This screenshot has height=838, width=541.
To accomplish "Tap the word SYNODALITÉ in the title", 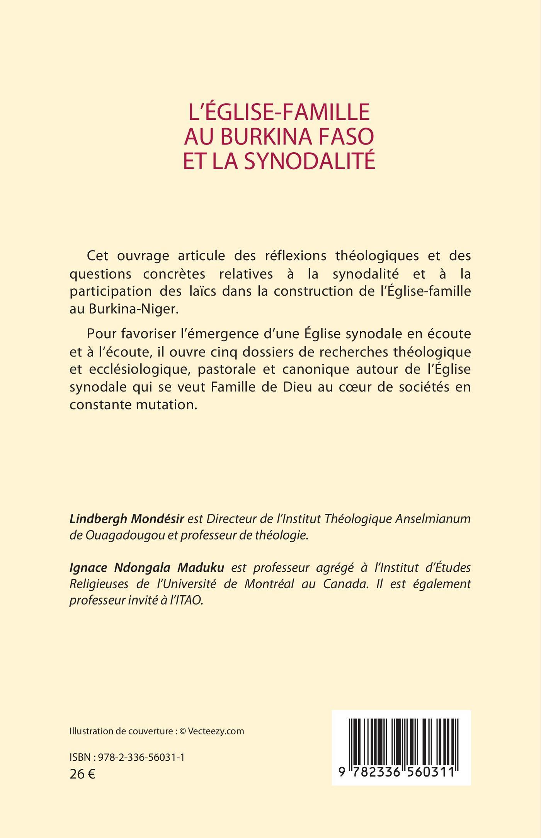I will tap(308, 161).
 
